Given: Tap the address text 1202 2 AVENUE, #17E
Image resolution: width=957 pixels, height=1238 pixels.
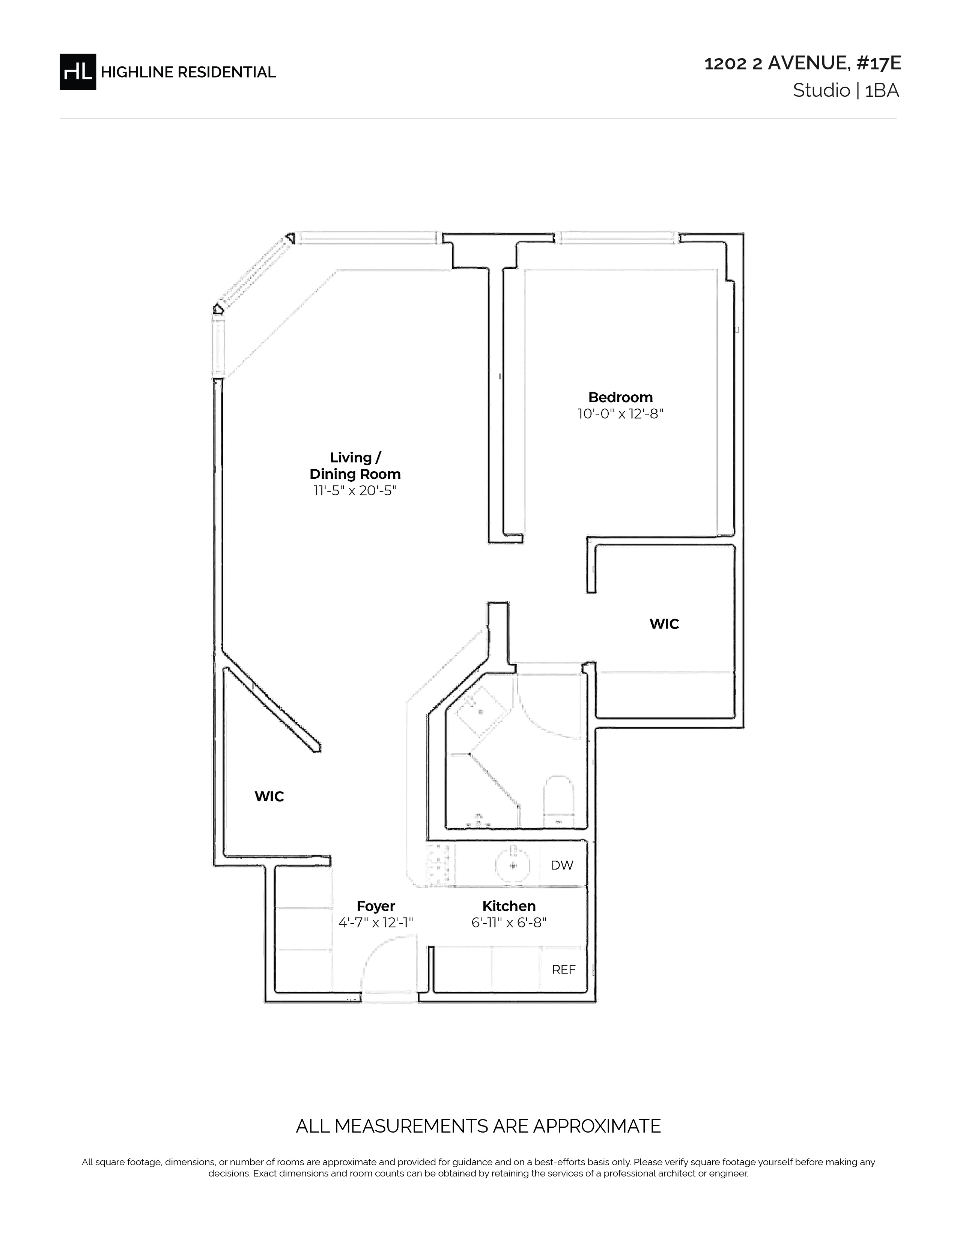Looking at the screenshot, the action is point(802,63).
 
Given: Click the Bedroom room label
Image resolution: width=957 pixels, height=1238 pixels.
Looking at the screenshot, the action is point(620,397).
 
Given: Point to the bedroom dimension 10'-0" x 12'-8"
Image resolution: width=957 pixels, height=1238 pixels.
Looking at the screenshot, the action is point(620,414).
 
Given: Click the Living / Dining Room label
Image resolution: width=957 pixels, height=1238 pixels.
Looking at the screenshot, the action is point(355,466).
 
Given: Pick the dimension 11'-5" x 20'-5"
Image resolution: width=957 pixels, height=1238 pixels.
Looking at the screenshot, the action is point(355,490).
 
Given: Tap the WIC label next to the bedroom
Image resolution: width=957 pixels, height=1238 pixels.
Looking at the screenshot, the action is point(664,624).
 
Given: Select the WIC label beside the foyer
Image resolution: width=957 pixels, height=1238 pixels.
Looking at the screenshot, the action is point(269,796).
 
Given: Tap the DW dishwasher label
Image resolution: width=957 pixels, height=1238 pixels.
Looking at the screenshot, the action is point(562,865).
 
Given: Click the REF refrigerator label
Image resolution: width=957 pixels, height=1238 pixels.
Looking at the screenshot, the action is point(564,970).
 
